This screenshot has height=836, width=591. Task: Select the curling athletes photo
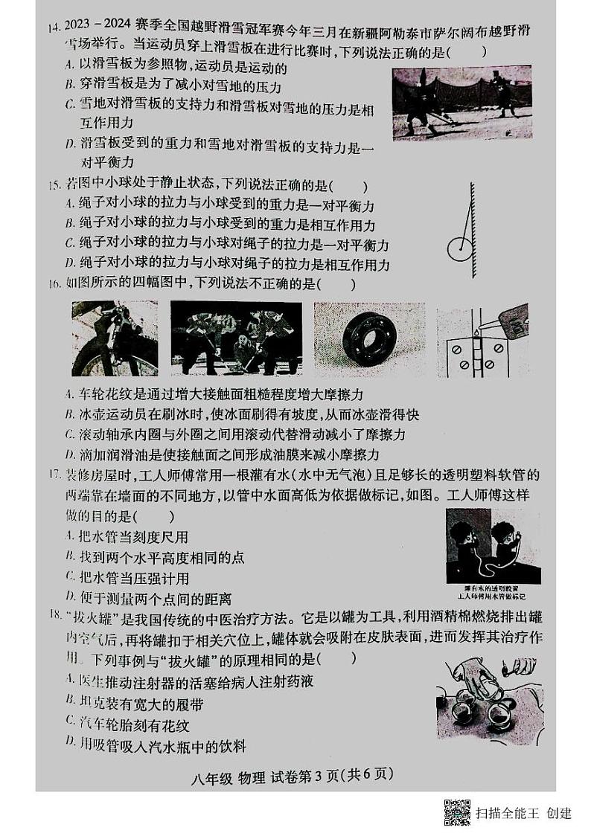pos(236,338)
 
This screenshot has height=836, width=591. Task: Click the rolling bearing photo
pos(369,338)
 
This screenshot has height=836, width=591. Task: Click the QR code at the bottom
pos(457,812)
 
